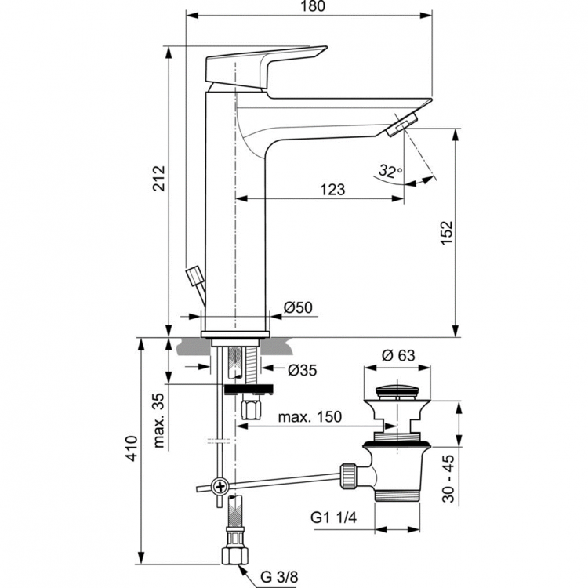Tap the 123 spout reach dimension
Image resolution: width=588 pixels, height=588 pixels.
tap(332, 190)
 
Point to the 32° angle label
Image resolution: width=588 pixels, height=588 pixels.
tap(390, 170)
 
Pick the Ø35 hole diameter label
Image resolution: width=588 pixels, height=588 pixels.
tap(302, 371)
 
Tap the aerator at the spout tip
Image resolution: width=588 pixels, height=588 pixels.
tap(404, 124)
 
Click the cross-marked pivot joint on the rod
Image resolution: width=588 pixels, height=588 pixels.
tap(221, 487)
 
